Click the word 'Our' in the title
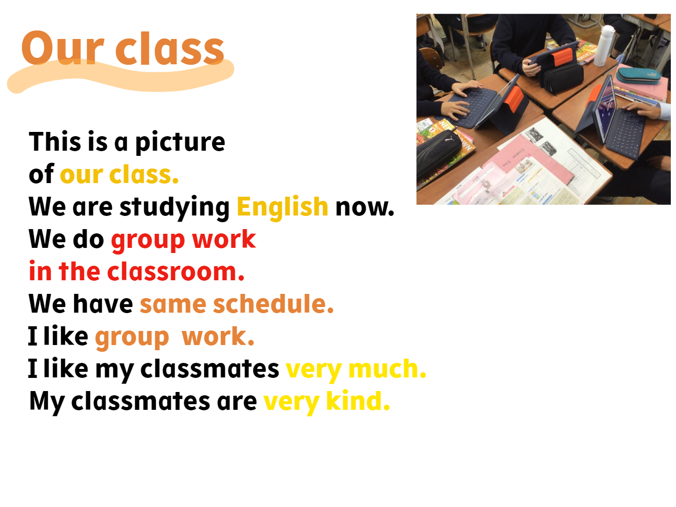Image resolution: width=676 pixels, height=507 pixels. [63, 48]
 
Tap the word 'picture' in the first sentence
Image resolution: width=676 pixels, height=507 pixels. [180, 142]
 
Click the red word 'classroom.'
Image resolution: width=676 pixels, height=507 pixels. [176, 271]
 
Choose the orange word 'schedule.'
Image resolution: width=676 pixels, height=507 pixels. [273, 304]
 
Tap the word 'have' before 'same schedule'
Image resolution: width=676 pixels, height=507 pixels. [103, 304]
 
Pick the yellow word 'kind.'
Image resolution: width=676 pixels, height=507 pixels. [358, 401]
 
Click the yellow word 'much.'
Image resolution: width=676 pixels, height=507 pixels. [387, 369]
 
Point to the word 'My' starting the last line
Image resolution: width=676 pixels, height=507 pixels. [47, 403]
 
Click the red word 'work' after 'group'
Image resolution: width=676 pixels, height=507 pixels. [224, 239]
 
